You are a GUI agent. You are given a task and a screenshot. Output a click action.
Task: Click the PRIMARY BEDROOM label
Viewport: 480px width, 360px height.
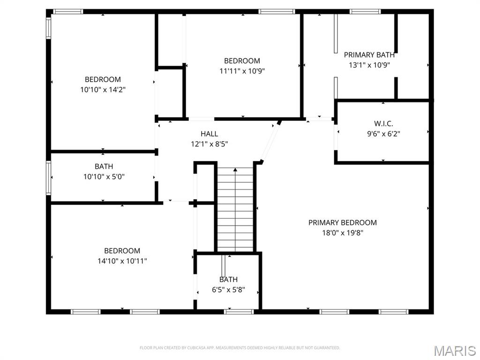(342, 223)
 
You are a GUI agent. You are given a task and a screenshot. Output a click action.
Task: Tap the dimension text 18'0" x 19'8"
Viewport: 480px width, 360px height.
(342, 233)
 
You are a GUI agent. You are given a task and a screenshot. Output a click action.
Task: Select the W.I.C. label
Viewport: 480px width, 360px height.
(383, 123)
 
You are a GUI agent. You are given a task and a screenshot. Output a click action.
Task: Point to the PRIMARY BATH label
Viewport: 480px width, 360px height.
(369, 55)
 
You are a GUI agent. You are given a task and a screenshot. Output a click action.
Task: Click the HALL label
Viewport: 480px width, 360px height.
(209, 134)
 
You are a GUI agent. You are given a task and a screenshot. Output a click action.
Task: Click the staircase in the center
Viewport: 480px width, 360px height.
(235, 209)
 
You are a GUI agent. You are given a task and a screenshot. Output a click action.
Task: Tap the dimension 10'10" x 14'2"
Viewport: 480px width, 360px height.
(103, 90)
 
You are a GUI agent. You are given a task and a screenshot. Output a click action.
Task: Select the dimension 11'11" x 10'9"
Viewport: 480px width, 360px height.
(242, 71)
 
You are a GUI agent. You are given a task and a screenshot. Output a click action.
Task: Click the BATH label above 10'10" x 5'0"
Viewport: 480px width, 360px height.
(104, 166)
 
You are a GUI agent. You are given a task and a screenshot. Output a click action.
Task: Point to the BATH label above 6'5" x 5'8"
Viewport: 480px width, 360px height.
(228, 280)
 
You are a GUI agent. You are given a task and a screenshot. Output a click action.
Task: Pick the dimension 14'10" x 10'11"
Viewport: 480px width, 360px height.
(122, 261)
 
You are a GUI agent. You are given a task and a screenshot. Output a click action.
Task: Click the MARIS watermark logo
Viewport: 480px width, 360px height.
(454, 350)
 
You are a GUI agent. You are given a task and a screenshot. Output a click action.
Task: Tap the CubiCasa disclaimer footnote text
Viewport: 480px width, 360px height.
(240, 348)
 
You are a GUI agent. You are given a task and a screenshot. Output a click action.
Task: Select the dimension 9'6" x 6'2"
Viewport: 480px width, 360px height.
(383, 133)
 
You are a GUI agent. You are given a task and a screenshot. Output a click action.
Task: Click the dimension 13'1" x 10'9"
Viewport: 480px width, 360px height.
(369, 65)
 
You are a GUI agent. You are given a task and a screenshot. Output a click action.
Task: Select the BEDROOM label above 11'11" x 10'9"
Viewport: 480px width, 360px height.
(242, 61)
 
